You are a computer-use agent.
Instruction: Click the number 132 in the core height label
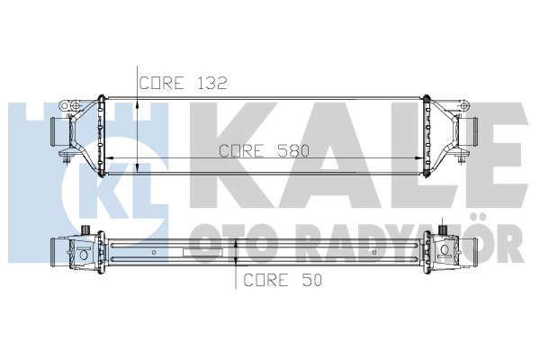pos(212,83)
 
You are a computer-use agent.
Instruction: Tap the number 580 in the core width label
pos(293,151)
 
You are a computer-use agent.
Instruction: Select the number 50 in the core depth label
pos(311,280)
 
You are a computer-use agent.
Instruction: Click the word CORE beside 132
pos(161,83)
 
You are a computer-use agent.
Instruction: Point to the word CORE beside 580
pos(242,151)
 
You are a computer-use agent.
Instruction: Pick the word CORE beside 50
pos(266,280)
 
